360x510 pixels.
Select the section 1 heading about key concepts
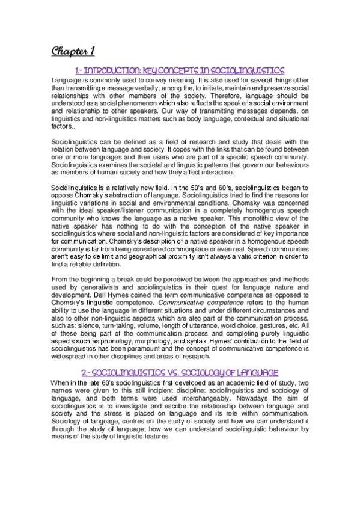tap(180, 70)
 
